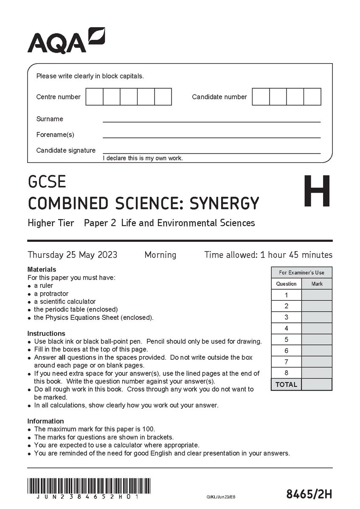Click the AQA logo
coord(66,40)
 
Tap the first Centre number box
coord(94,97)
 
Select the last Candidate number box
coord(312,97)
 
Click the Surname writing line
coord(211,121)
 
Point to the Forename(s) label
coord(55,134)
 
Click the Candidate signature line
coord(211,152)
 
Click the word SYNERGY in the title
coord(223,203)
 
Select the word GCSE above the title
coord(47,182)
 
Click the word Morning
coord(160,255)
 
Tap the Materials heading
coord(42,269)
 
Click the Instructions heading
coord(46,333)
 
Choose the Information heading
coord(45,421)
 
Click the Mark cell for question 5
coord(317,340)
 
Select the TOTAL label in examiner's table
coord(286,385)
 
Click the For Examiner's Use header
coord(301,272)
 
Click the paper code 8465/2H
coord(309,495)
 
